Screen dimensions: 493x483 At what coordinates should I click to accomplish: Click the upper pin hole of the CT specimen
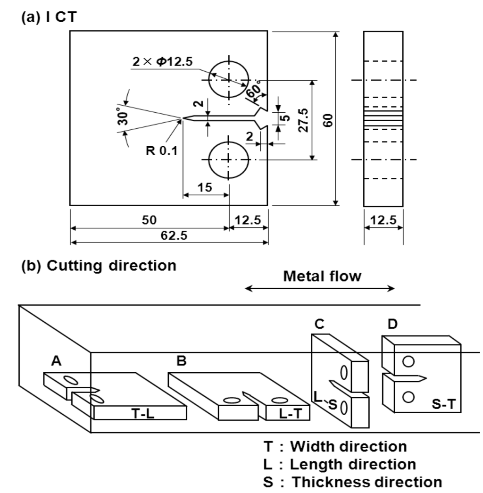(229, 80)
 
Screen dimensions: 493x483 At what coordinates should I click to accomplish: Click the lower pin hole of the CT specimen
(229, 159)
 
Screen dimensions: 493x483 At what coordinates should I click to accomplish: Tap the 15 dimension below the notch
(205, 187)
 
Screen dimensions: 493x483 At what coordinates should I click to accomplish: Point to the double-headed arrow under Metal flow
(320, 289)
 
